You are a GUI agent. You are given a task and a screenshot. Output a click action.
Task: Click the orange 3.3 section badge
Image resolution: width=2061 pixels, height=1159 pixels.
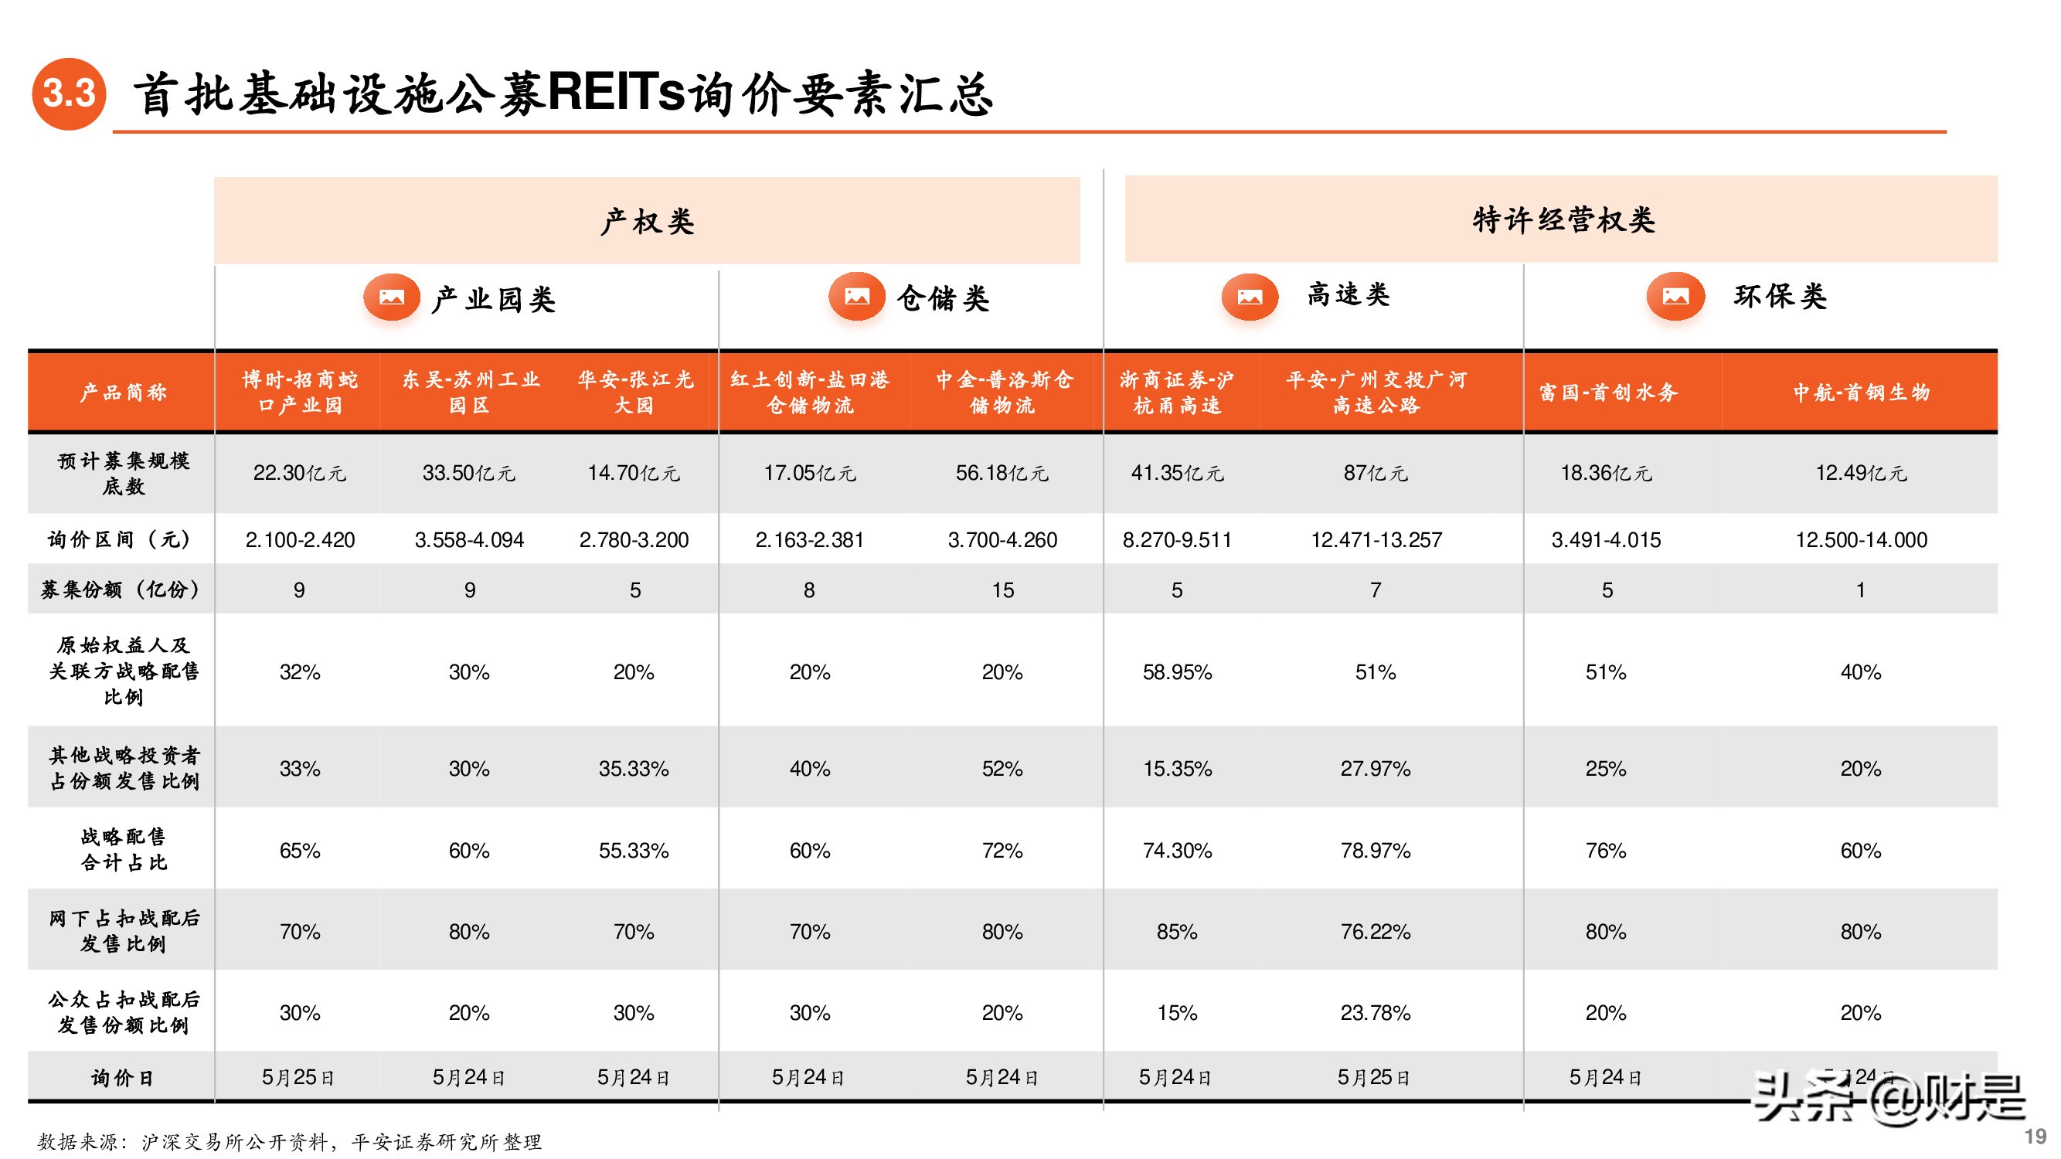69,93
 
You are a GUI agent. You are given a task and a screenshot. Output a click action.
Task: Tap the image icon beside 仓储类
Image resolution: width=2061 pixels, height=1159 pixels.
856,297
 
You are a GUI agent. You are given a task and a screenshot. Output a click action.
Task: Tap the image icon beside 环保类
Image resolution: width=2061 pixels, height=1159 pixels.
1675,297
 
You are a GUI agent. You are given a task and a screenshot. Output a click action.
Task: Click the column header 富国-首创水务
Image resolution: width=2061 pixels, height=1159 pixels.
1607,392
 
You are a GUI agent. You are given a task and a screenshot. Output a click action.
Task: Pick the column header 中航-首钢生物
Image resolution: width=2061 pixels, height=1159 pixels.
1860,392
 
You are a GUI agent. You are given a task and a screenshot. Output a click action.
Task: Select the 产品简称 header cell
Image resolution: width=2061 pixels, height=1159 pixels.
122,392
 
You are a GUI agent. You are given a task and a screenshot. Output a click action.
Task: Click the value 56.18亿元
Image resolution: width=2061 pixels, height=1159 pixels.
1002,473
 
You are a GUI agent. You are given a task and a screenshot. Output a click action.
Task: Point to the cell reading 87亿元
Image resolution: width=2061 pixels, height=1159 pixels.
1375,473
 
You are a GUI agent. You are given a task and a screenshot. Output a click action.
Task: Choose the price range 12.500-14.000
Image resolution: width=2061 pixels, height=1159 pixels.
1860,540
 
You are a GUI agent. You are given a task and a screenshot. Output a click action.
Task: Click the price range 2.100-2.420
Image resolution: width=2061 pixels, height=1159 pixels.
300,540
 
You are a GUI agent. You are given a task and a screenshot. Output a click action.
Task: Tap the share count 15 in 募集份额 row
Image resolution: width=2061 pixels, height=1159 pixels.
1002,590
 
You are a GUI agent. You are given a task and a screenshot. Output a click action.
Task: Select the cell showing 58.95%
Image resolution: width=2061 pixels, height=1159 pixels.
1176,672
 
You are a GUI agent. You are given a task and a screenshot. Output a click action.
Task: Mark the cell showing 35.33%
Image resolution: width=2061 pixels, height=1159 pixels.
633,769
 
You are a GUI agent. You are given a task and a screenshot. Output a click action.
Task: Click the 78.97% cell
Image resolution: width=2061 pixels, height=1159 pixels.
1375,850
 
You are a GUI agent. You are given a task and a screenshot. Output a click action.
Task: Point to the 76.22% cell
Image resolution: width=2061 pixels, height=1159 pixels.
1375,932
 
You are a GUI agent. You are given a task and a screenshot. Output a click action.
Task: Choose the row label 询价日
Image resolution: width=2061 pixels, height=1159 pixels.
121,1077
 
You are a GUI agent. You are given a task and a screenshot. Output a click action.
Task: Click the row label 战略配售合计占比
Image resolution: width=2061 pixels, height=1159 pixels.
123,849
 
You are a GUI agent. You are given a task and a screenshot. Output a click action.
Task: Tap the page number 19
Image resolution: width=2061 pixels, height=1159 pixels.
2035,1136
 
